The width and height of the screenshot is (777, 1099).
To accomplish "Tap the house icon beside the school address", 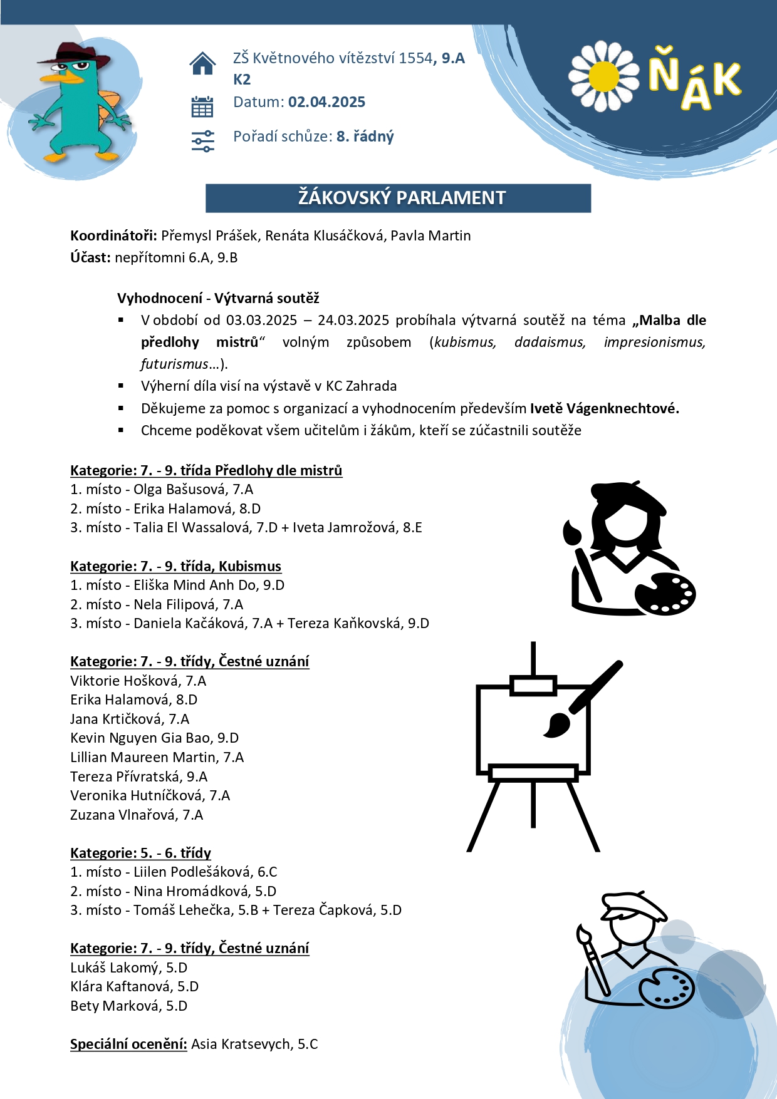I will point(202,63).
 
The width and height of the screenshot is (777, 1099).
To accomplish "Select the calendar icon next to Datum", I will point(202,106).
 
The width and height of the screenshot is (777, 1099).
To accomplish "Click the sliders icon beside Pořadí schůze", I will point(202,141).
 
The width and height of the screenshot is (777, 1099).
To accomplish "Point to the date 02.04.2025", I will point(326,102).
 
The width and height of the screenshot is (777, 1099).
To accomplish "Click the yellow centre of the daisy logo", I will point(603,76).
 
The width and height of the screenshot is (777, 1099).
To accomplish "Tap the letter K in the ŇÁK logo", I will point(727,80).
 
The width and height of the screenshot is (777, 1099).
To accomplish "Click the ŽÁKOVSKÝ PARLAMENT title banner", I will point(398,198).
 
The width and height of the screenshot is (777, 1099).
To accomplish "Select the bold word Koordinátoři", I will point(113,235).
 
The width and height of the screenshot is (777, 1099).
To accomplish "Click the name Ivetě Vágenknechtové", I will point(604,408).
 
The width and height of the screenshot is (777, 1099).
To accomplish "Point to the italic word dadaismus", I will point(550,342).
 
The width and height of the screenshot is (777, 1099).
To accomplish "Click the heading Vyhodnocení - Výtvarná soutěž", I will point(218,298).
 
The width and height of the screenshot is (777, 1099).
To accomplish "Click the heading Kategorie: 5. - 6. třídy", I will point(140,853).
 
